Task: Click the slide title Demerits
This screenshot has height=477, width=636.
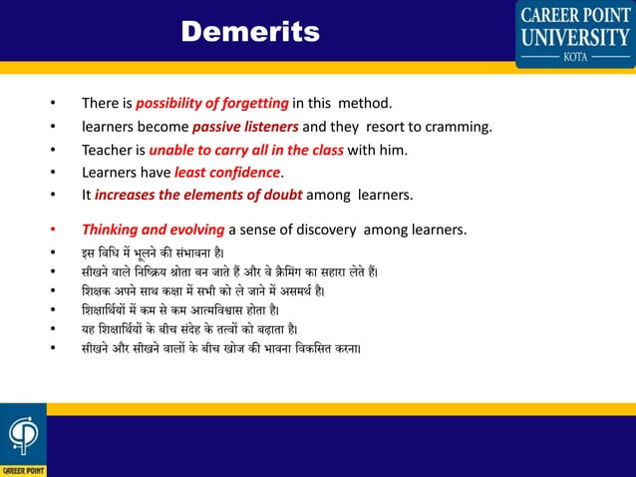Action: pos(249,33)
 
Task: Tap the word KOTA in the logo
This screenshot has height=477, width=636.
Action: pos(574,58)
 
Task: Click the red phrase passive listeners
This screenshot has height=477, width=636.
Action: pos(245,128)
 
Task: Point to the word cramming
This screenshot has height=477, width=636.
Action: pos(458,128)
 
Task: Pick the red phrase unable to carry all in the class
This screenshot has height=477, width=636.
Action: pos(246,151)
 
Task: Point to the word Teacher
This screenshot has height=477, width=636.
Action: pos(112,151)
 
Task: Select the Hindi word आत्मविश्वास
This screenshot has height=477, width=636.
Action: pos(231,310)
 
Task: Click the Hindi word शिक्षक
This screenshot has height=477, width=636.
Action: pos(99,291)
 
